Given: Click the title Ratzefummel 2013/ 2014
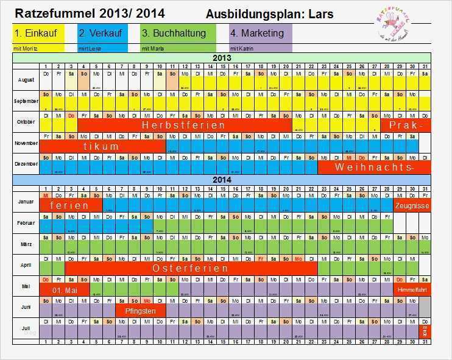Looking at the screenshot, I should (90, 13).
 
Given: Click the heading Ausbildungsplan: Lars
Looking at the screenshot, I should (269, 13).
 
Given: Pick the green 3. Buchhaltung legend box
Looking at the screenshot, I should (177, 33).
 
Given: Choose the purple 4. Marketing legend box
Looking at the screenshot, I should (261, 33).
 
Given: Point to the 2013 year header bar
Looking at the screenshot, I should (222, 58).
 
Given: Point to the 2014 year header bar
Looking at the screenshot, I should (222, 180).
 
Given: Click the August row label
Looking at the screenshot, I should (26, 80).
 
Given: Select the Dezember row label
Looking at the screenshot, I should (26, 164).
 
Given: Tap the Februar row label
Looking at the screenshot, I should (26, 224).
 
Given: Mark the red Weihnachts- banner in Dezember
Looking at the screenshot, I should (375, 167).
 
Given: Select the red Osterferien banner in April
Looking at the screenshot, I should (191, 268).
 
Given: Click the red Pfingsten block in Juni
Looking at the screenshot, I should (140, 311).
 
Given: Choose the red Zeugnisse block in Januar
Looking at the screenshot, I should (412, 206).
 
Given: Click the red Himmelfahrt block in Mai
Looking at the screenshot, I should (412, 289).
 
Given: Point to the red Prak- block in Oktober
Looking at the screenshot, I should (406, 125).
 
